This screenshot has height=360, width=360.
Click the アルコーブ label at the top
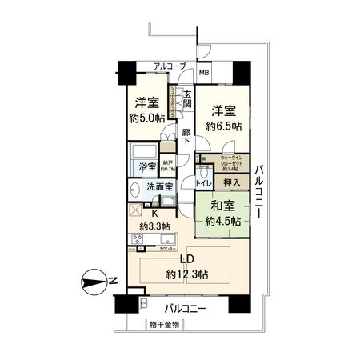point(170,66)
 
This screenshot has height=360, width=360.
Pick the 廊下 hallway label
point(186,137)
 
